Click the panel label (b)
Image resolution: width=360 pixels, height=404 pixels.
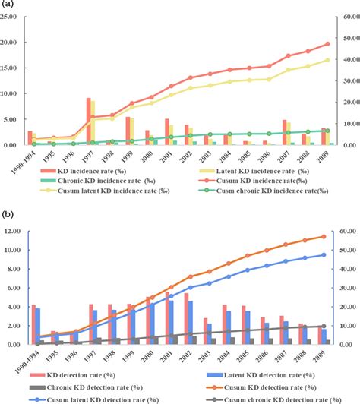(9, 216)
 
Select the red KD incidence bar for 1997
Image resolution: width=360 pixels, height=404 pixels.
(89, 121)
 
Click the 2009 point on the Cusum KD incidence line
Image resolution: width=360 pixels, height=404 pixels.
(327, 44)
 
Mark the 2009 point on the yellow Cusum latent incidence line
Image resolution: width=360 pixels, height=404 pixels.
(327, 60)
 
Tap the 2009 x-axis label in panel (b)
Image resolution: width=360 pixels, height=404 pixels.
(327, 355)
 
